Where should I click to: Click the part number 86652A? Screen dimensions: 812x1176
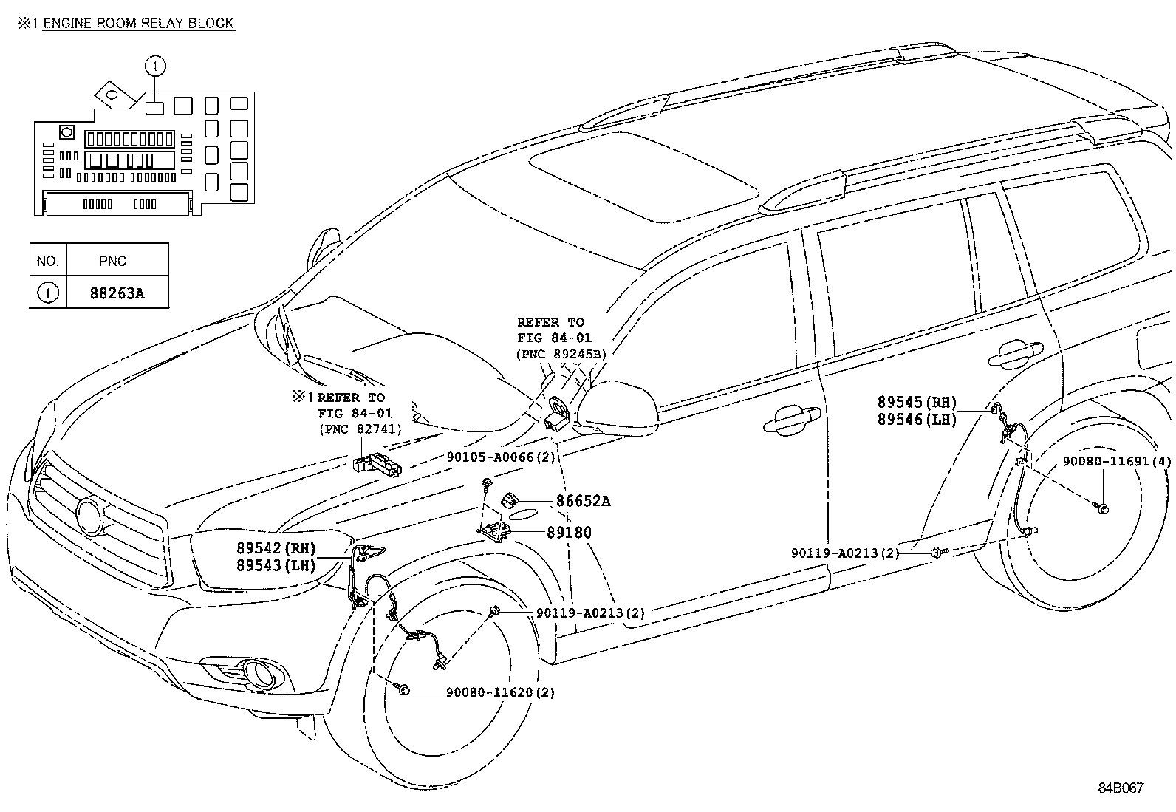click(583, 501)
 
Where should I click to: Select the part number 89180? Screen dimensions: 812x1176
click(569, 532)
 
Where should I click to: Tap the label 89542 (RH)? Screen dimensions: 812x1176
click(276, 548)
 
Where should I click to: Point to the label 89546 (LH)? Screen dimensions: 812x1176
click(916, 419)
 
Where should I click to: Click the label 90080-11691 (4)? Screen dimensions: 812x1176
click(1116, 461)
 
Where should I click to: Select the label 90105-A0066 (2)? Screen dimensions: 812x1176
click(500, 457)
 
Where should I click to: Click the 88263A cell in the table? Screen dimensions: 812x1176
click(117, 293)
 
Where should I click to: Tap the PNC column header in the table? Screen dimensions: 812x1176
click(112, 261)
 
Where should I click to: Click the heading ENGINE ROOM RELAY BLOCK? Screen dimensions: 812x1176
click(138, 23)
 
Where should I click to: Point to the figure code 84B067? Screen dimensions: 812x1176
click(1120, 788)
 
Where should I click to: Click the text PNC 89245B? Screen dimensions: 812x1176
click(561, 354)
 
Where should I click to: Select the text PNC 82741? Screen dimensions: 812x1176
click(360, 429)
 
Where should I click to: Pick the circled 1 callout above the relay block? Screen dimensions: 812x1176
click(155, 66)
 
